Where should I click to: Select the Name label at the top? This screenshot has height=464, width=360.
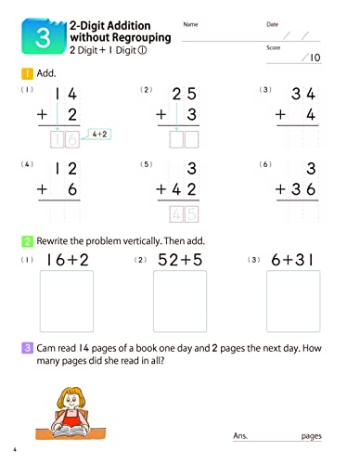[190, 24]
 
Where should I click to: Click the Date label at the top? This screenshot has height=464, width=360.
[272, 24]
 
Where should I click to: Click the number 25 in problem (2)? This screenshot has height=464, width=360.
[186, 94]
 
